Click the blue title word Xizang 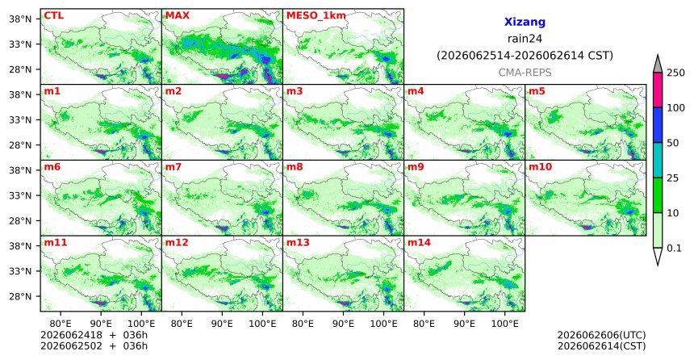click(525, 22)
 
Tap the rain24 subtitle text click(525, 39)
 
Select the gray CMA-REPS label click(525, 72)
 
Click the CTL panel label click(53, 15)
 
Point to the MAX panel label click(177, 15)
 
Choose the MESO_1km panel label click(316, 16)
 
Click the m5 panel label click(537, 91)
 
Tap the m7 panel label click(173, 167)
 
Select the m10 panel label click(540, 167)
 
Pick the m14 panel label click(419, 243)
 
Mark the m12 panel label click(177, 243)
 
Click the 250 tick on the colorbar click(675, 73)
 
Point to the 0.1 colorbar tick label click(674, 248)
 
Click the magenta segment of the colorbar click(658, 90)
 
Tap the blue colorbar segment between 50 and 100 click(658, 125)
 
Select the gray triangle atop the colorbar click(658, 64)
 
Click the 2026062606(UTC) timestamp click(601, 335)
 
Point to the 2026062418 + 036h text click(94, 335)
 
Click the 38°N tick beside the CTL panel click(20, 19)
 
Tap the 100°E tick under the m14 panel click(504, 324)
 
